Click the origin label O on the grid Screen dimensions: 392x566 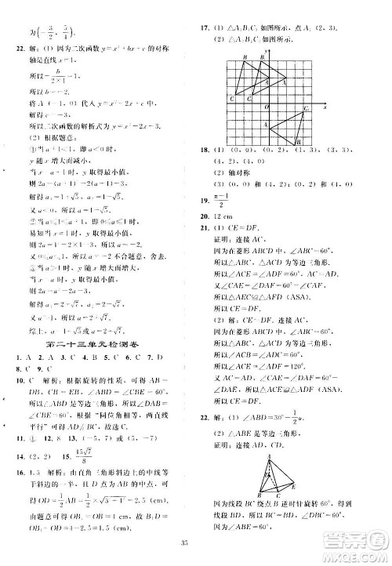coord(264,104)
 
